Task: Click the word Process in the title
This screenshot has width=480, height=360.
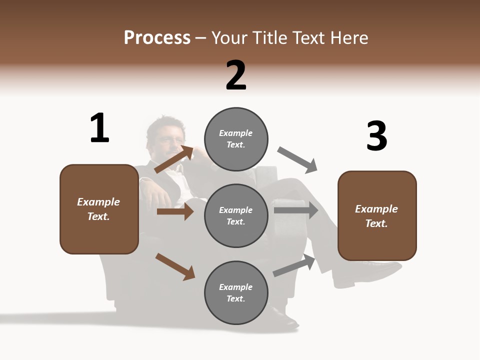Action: [x=157, y=37]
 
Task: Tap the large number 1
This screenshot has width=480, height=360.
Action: [x=99, y=128]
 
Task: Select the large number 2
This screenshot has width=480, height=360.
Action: [x=236, y=75]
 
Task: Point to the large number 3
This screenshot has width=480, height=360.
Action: [x=376, y=136]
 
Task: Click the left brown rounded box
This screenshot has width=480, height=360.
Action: [x=99, y=209]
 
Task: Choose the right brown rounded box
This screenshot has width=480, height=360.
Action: [x=377, y=216]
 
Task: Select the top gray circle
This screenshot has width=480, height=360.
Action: [x=236, y=139]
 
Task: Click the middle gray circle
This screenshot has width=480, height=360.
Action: [x=236, y=215]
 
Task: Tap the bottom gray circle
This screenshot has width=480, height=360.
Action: [x=236, y=292]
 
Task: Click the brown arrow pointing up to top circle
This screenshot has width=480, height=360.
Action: [x=174, y=159]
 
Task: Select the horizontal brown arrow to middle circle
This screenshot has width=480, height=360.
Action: [x=175, y=211]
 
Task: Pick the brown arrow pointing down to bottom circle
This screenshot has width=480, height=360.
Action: [x=175, y=266]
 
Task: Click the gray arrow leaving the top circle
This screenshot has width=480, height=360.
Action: [x=297, y=160]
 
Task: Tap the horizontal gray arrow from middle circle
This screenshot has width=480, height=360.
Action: [x=296, y=210]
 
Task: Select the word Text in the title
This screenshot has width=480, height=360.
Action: [x=308, y=37]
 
